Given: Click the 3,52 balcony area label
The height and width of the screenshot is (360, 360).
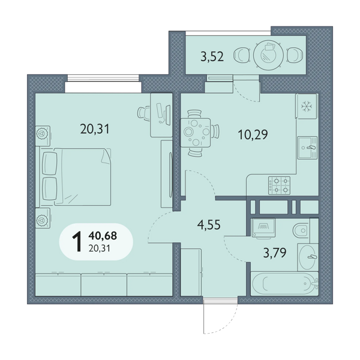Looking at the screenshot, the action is click(x=212, y=56).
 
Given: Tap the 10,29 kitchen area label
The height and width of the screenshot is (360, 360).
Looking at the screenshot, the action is click(x=253, y=134).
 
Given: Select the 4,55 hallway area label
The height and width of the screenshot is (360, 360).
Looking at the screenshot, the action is click(x=209, y=225).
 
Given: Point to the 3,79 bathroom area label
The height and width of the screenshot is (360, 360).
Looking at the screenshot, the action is click(x=275, y=253).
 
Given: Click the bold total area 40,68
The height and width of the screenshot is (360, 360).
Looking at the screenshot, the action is click(x=103, y=236).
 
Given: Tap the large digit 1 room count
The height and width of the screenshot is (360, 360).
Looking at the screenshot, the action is click(x=77, y=242).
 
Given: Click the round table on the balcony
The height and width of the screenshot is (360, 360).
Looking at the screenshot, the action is click(x=268, y=55).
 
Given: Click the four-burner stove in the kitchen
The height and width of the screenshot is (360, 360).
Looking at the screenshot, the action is click(x=279, y=185).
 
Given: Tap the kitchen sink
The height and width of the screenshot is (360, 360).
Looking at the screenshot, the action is click(x=307, y=148).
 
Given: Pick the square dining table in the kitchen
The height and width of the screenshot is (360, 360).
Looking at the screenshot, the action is click(x=196, y=133).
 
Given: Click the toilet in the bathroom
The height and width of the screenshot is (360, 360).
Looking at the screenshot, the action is click(x=302, y=230).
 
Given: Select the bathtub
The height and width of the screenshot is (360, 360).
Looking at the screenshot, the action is click(x=284, y=284).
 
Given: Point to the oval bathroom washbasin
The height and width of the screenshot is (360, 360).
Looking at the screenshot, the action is click(x=308, y=257).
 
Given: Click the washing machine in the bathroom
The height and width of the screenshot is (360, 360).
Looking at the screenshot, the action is click(x=263, y=227).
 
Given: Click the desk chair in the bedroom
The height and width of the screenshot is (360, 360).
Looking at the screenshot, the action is click(x=144, y=113).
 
